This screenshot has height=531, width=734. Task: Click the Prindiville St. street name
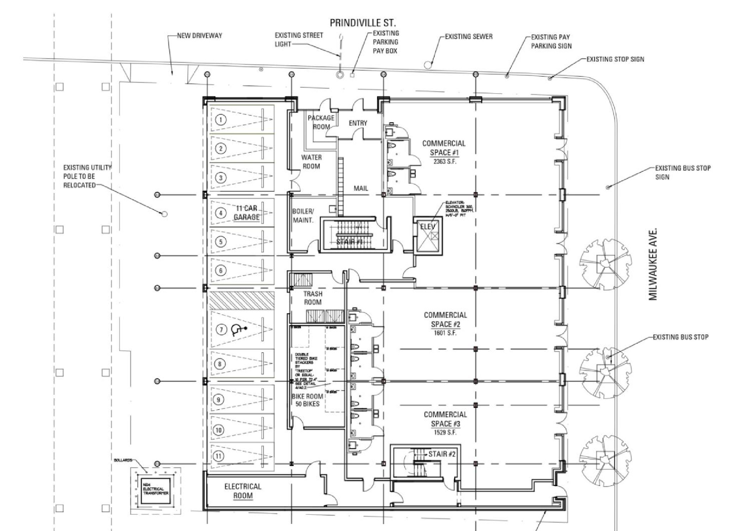point(362,23)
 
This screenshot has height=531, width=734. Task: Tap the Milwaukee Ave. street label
point(653,265)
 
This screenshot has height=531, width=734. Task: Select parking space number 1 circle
point(221,120)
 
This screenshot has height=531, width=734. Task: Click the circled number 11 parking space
point(218,456)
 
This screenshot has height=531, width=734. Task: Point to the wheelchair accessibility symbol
point(237,330)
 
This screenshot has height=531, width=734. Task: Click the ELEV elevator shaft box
point(428,236)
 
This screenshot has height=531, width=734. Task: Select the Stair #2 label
point(442,454)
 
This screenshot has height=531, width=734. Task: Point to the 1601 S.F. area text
point(445,333)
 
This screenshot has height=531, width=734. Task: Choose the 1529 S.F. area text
point(445,432)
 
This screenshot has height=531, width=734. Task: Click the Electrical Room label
point(243,491)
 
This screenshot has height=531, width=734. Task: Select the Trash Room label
point(313,298)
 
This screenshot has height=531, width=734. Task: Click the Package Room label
point(321,122)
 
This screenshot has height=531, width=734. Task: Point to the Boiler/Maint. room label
point(303,216)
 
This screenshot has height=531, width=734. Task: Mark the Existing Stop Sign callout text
point(615,59)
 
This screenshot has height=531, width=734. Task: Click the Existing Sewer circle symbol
point(428,65)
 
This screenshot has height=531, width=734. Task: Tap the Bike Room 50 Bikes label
point(307,400)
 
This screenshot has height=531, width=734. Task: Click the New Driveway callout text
point(199,36)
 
